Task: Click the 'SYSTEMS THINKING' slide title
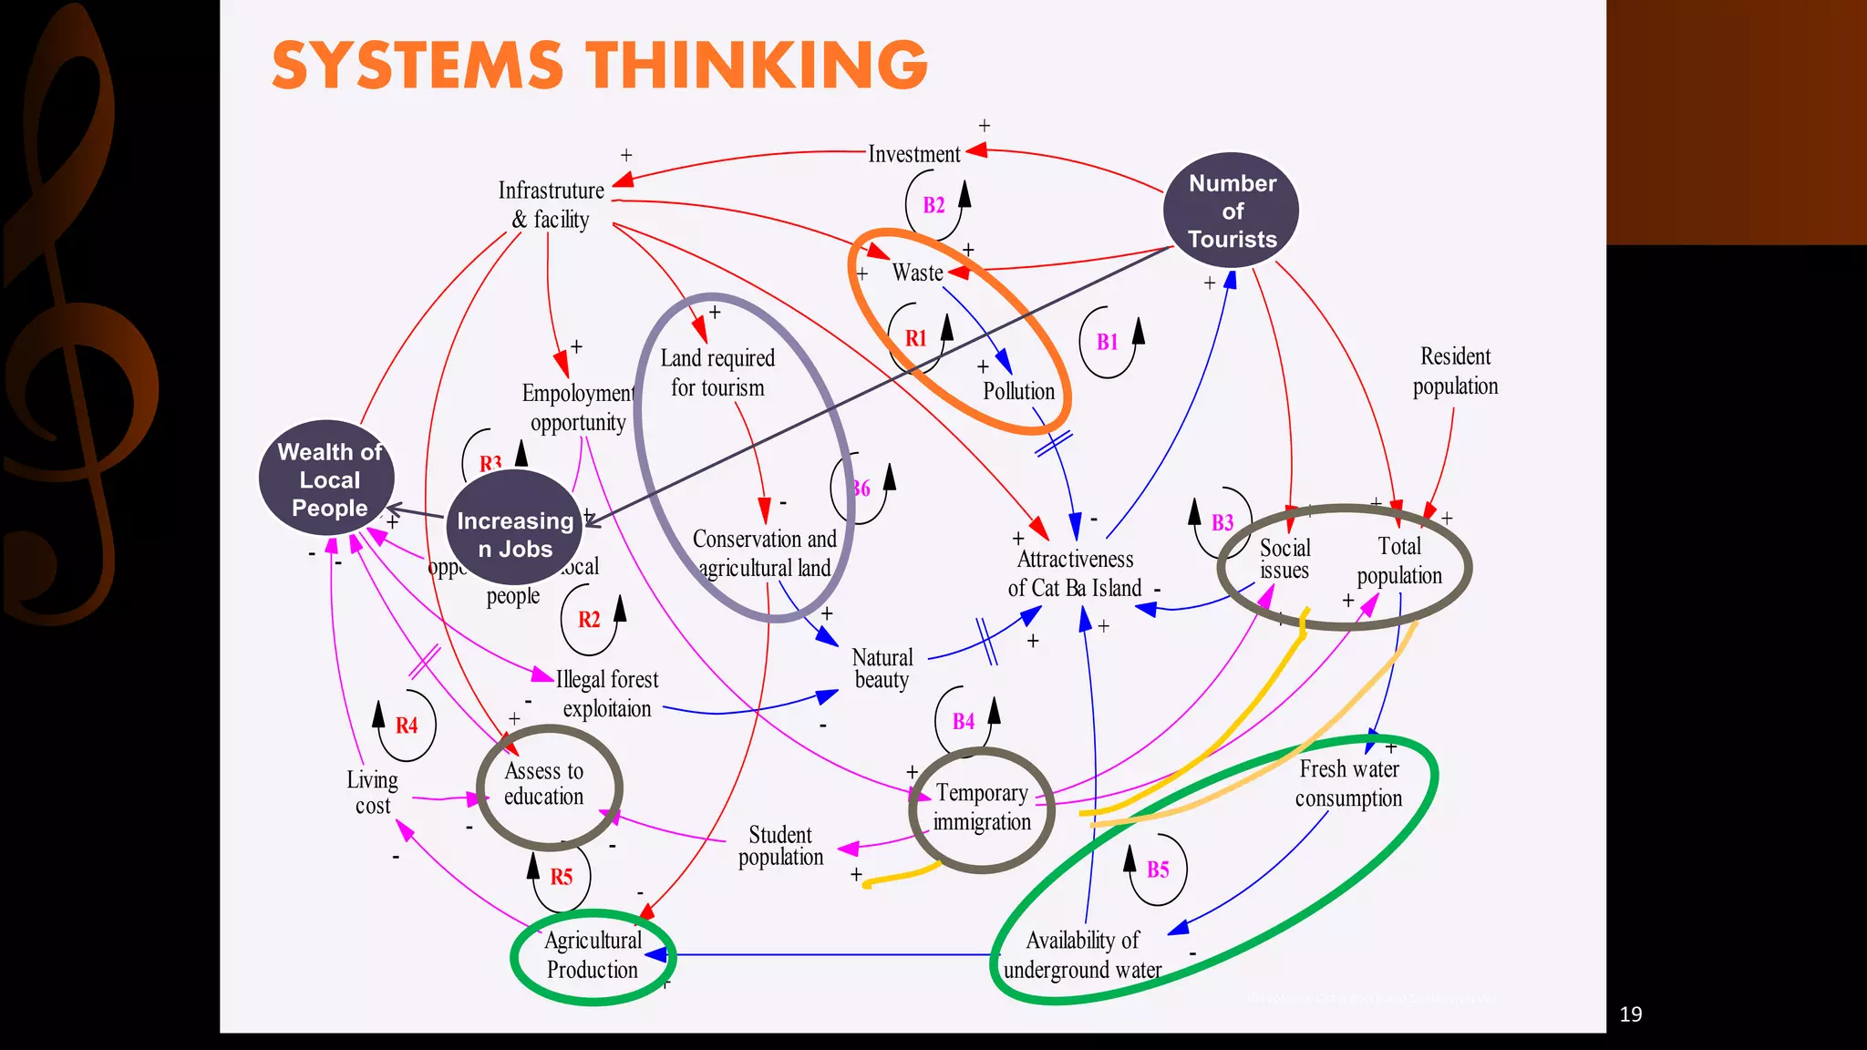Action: click(x=599, y=65)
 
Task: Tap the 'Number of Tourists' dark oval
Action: click(x=1232, y=211)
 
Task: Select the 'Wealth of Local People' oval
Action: click(x=328, y=479)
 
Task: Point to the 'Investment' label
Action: click(x=913, y=154)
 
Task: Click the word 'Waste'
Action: click(x=917, y=273)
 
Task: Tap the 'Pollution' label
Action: click(x=1018, y=391)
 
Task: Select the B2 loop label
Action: click(x=933, y=205)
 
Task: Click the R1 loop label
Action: click(x=915, y=339)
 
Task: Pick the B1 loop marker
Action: click(x=1107, y=343)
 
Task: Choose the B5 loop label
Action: click(x=1157, y=870)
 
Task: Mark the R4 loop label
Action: click(x=406, y=726)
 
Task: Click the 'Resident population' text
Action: click(x=1455, y=371)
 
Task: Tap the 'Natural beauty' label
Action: click(x=882, y=668)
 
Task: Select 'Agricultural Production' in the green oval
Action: click(x=593, y=955)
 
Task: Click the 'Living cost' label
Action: click(x=372, y=792)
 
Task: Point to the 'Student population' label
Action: click(x=780, y=846)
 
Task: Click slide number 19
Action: click(x=1630, y=1014)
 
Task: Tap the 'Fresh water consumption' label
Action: click(x=1348, y=783)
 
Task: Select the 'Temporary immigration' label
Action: click(x=982, y=807)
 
